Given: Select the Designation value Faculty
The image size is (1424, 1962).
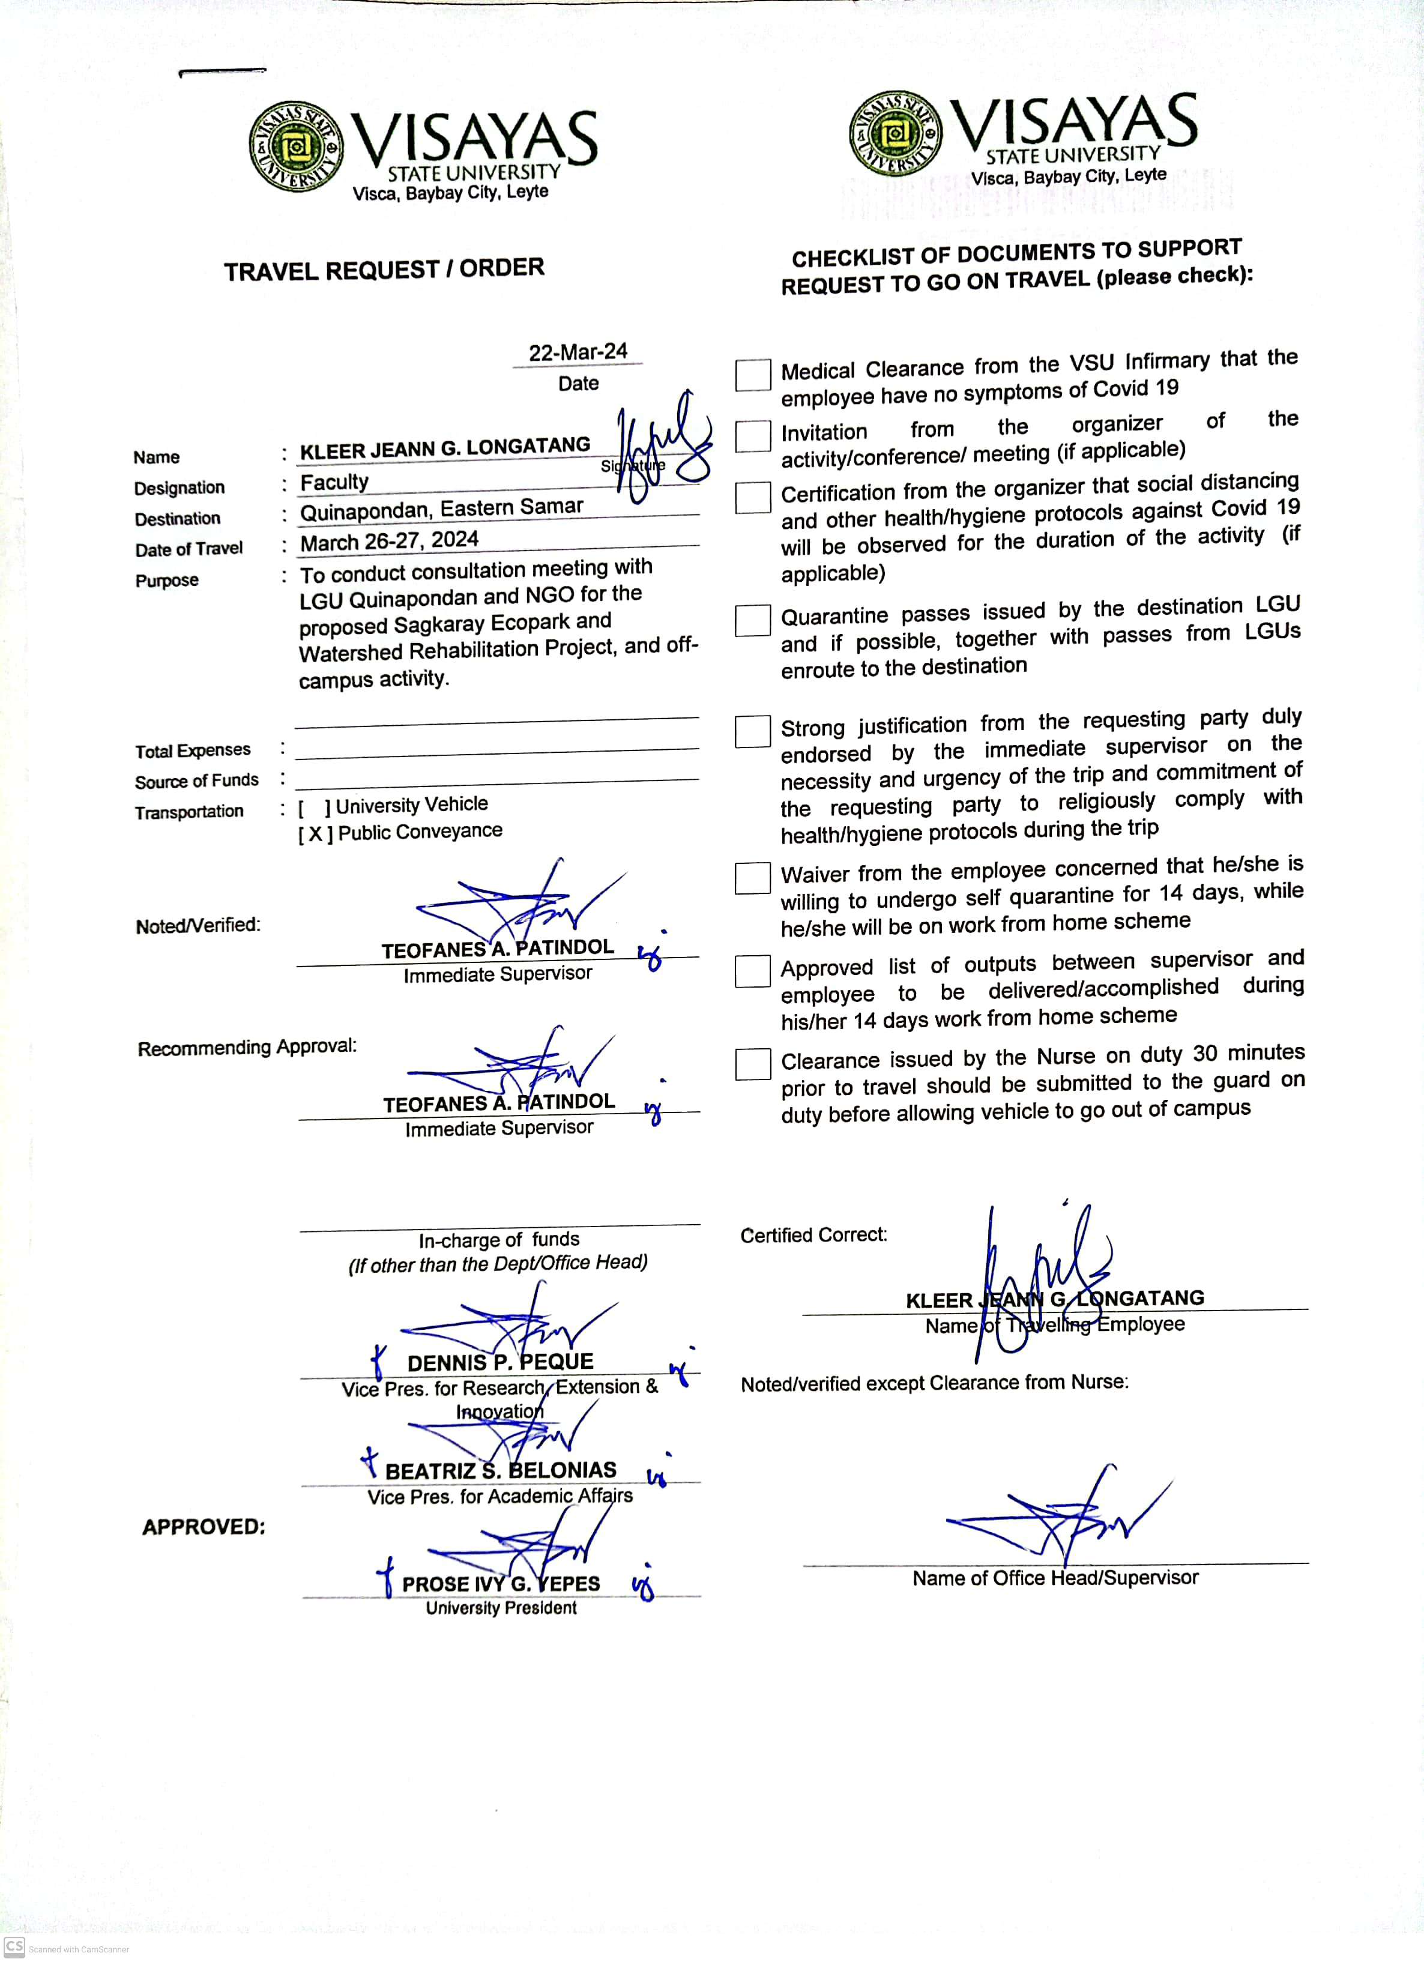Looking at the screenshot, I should pos(334,482).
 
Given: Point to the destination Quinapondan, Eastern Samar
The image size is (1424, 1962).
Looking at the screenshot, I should pos(441,509).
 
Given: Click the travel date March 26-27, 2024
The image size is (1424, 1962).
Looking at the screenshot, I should pos(389,541).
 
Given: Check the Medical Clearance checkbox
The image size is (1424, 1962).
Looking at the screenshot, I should pos(753,375).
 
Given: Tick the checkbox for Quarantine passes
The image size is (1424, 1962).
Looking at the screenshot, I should pos(753,620).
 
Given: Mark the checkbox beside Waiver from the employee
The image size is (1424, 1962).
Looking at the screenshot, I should pos(753,878).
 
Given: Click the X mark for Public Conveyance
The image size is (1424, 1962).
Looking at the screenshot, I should pos(315,834).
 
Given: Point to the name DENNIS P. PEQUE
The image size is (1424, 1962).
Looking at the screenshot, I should pos(500,1362).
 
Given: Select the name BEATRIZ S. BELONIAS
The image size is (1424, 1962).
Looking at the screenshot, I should pos(500,1471).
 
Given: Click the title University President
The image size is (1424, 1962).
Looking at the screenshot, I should pos(501,1608).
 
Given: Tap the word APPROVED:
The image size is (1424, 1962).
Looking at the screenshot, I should pos(204,1527).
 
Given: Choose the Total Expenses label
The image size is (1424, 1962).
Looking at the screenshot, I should pos(193,750).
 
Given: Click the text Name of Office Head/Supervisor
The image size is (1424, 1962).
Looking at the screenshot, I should pos(1055,1578).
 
